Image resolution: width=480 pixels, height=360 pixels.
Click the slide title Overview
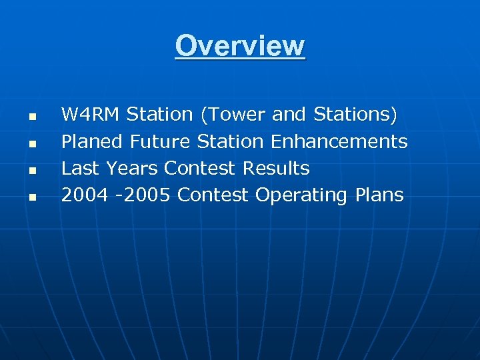click(x=240, y=47)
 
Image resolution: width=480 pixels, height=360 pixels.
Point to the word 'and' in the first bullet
click(x=289, y=115)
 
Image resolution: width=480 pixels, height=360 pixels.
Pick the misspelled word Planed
click(x=92, y=141)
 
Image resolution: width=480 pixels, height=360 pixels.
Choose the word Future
click(x=161, y=141)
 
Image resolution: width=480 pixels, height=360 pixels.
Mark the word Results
click(x=276, y=169)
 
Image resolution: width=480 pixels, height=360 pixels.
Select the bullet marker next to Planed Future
click(x=31, y=143)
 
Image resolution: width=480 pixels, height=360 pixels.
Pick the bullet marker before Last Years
click(x=31, y=171)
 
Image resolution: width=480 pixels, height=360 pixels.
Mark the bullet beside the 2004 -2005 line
click(x=31, y=197)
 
